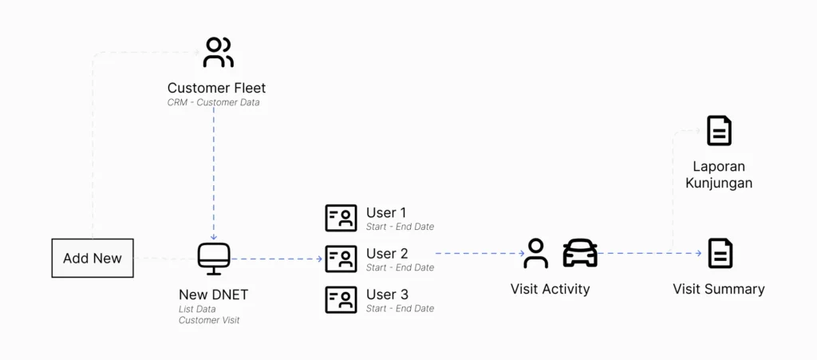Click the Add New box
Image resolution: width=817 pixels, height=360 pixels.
click(93, 258)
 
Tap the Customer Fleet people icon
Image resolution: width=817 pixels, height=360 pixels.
click(218, 52)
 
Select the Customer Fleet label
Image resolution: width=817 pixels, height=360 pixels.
click(216, 88)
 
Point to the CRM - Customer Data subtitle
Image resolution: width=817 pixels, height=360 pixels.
click(213, 102)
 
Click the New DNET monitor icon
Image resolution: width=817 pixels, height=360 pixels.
click(214, 259)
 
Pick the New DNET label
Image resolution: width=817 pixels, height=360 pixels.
click(213, 295)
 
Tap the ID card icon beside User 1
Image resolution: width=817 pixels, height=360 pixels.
click(341, 218)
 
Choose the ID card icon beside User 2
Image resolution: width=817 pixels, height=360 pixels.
click(341, 259)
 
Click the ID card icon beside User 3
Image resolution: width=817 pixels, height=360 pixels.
click(341, 299)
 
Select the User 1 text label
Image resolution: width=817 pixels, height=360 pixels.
click(386, 212)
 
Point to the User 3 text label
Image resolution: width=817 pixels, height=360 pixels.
click(387, 295)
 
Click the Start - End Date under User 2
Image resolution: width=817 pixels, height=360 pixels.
click(400, 267)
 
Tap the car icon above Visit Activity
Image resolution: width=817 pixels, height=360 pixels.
click(580, 253)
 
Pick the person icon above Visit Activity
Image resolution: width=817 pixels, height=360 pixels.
click(535, 253)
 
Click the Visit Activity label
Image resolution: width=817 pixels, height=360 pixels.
click(550, 289)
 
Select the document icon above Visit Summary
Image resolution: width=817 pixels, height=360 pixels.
click(720, 253)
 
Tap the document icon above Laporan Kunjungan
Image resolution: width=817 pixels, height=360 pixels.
click(720, 131)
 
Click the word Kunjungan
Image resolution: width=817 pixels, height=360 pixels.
click(719, 184)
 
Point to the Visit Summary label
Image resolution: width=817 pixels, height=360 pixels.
click(719, 289)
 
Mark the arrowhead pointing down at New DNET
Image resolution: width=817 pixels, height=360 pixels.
click(214, 237)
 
